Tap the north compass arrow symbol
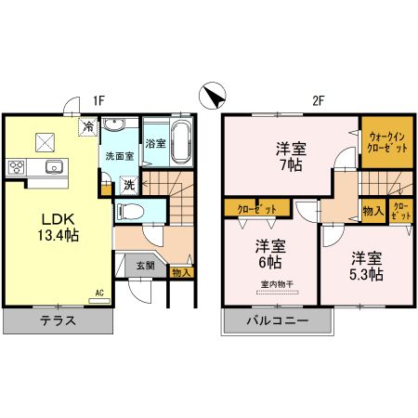tap(212, 96)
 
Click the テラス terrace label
tap(57, 321)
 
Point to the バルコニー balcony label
tap(276, 321)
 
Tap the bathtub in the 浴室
tap(180, 144)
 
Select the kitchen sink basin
tap(54, 167)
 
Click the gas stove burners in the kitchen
tap(18, 167)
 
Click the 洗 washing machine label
tap(130, 185)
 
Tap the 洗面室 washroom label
tap(118, 155)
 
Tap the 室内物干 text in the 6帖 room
tap(272, 283)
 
